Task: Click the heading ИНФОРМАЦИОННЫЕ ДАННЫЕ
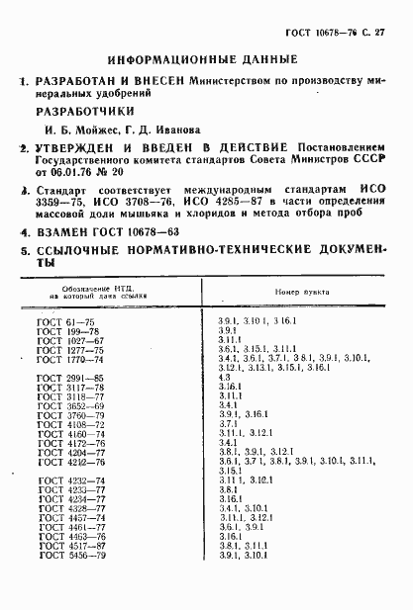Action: click(203, 58)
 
